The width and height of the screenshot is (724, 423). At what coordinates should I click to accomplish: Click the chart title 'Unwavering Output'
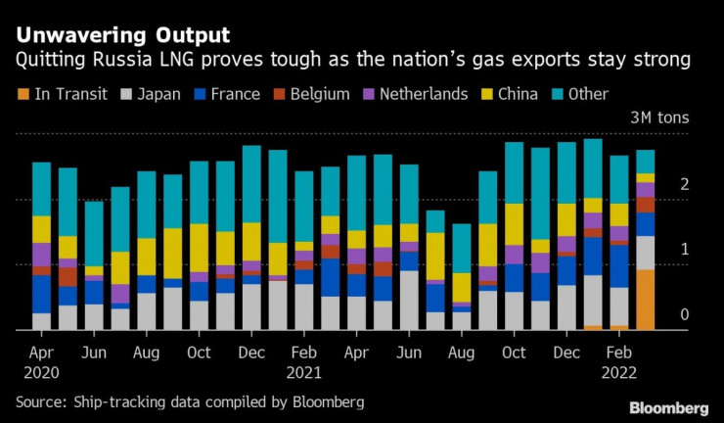[x=121, y=35]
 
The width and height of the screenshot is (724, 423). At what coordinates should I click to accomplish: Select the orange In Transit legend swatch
[x=22, y=94]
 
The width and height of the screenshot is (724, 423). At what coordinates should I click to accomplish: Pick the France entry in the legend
[x=235, y=94]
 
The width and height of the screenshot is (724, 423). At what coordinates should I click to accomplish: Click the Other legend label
[x=587, y=94]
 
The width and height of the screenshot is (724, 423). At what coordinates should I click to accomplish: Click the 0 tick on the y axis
[x=685, y=315]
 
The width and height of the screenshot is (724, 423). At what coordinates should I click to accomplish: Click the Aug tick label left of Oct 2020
[x=147, y=351]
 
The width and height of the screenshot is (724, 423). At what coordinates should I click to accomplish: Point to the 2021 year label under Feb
[x=304, y=372]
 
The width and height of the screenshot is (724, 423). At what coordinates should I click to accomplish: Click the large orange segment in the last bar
[x=646, y=300]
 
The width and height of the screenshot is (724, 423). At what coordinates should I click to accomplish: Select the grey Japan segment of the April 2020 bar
[x=41, y=321]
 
